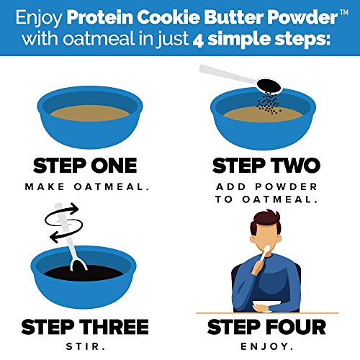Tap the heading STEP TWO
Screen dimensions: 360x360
[x=266, y=165]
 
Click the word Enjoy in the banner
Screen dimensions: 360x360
[x=48, y=16]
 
